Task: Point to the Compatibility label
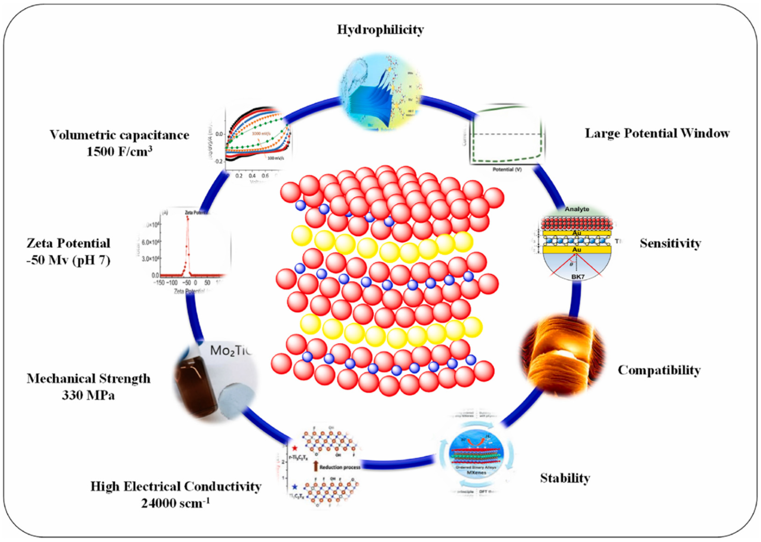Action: (659, 370)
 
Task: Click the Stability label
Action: (565, 478)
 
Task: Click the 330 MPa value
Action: (88, 396)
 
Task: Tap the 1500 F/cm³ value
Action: (120, 152)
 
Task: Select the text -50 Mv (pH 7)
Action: (68, 260)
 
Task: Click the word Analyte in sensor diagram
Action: (577, 209)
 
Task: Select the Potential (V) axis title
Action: (507, 169)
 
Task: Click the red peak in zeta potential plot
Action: (188, 219)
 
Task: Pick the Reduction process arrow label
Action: (340, 467)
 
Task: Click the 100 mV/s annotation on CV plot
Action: (275, 158)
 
